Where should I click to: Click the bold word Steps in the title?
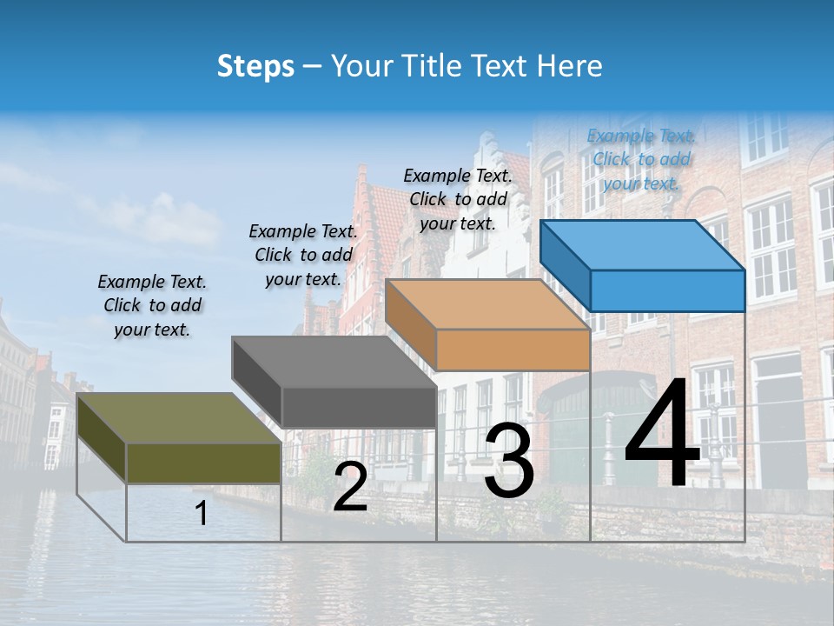click(x=255, y=66)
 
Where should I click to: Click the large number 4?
click(x=662, y=434)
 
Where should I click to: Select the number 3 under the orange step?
click(x=509, y=461)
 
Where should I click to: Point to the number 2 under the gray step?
click(x=350, y=488)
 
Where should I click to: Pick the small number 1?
click(x=202, y=514)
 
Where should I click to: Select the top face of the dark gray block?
click(x=334, y=362)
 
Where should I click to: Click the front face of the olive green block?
click(x=203, y=463)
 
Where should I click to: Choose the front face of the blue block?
click(x=667, y=290)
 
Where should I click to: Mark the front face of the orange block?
click(x=513, y=350)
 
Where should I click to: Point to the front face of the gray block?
click(x=358, y=407)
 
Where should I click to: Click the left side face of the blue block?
click(x=566, y=264)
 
